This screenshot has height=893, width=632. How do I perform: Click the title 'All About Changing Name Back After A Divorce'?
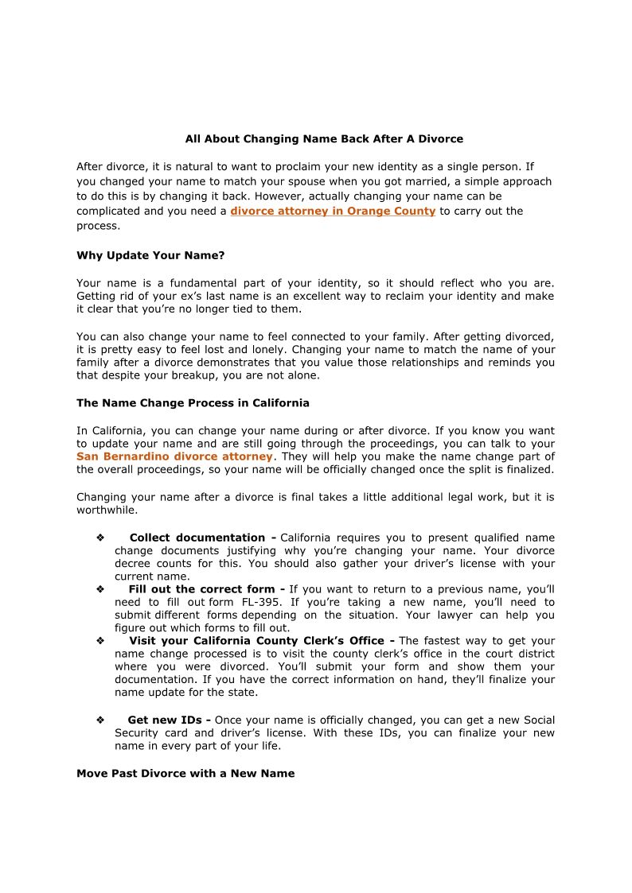tap(324, 139)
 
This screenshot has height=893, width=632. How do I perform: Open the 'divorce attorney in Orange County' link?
tap(333, 212)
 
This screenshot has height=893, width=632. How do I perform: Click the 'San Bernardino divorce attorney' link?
tap(174, 457)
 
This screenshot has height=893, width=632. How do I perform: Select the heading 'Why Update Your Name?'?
tap(150, 255)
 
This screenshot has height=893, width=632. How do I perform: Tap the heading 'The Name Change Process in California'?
tap(193, 403)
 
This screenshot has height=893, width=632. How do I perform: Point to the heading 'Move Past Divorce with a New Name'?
tap(185, 774)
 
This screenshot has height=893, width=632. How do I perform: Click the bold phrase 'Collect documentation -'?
tap(203, 538)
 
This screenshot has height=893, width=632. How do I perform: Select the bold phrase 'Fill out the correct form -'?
tap(206, 590)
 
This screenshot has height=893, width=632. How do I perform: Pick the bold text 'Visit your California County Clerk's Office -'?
tap(262, 641)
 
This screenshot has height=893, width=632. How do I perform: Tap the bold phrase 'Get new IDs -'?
tap(169, 720)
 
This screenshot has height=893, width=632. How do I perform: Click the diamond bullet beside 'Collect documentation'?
tap(100, 538)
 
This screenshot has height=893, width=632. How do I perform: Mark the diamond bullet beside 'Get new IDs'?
tap(100, 720)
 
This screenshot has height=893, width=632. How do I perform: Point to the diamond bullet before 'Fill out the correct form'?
tap(100, 590)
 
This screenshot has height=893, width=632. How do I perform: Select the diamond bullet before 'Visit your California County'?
tap(100, 641)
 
